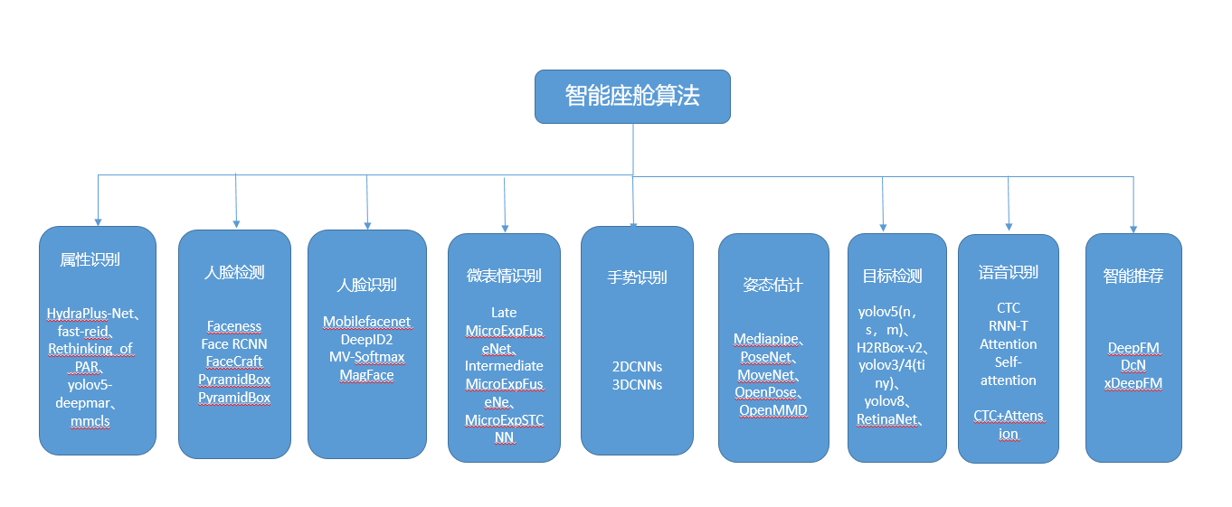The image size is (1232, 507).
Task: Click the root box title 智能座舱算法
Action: [x=632, y=96]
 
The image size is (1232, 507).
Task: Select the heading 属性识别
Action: [x=90, y=259]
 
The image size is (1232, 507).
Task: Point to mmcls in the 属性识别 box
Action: [x=90, y=421]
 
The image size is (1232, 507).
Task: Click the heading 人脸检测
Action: [x=234, y=272]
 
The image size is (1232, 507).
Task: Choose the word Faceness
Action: [x=234, y=326]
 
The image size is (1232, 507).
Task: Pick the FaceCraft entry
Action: [x=234, y=361]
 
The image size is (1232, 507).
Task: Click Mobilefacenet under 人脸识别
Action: [x=366, y=322]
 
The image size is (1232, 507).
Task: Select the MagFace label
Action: [x=366, y=375]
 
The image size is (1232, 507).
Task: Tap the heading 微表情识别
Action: [x=504, y=276]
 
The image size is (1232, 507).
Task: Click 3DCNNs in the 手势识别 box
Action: [x=637, y=384]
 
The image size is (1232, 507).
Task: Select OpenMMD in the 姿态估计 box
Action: [x=773, y=410]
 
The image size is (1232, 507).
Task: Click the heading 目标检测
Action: [x=892, y=276]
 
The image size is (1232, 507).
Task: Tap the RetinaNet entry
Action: [x=888, y=419]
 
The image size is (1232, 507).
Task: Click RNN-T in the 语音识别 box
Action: [x=1009, y=325]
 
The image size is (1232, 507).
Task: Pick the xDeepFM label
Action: [x=1133, y=383]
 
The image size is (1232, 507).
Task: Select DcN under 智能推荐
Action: [x=1133, y=365]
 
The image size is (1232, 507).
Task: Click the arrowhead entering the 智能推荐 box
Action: [x=1133, y=230]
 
